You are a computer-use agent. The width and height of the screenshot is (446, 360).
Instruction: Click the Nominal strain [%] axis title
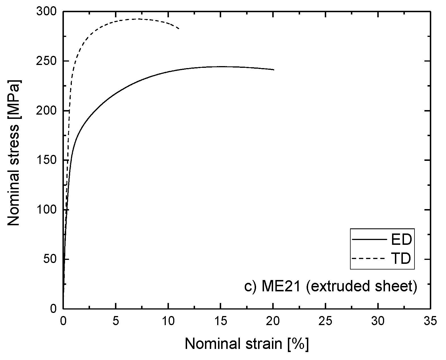(246, 344)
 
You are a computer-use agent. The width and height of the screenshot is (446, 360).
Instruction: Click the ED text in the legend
(401, 240)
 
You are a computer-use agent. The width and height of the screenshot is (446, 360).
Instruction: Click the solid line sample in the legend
(369, 240)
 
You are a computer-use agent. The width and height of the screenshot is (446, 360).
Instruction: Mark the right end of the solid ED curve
(274, 70)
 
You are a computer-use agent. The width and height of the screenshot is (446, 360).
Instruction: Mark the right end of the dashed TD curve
(179, 29)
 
